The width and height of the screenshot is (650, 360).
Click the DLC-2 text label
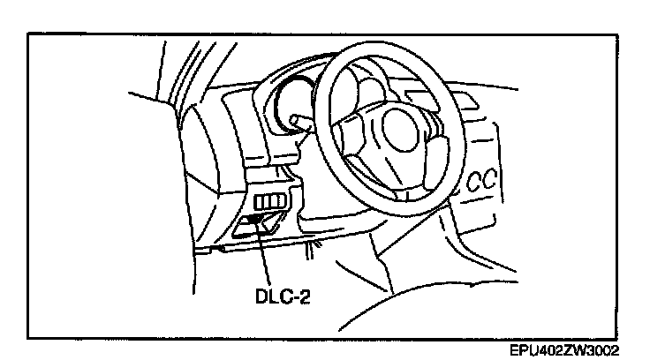(283, 296)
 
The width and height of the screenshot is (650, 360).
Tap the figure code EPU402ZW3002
(564, 350)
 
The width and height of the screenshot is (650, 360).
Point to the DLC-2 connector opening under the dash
(260, 224)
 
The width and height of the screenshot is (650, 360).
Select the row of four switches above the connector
(270, 202)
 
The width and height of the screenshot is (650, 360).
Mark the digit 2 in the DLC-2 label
(305, 296)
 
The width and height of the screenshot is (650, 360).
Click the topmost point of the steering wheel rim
(365, 41)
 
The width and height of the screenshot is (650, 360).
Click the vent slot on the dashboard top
(440, 101)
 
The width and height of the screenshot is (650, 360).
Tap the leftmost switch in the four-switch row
(258, 202)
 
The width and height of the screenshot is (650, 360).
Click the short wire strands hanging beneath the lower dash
(313, 251)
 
